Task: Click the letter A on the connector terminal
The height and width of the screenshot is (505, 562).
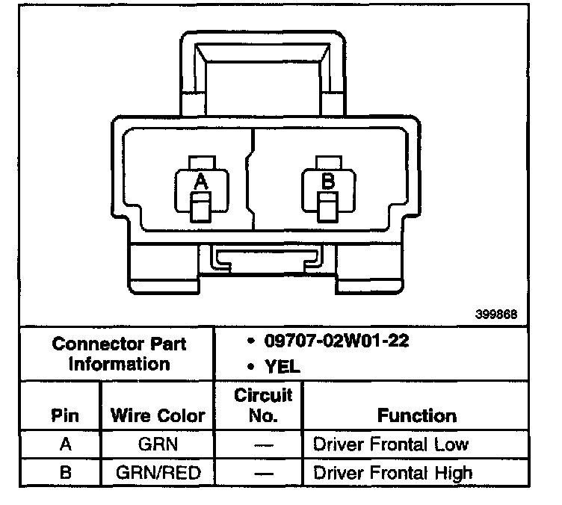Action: [x=200, y=181]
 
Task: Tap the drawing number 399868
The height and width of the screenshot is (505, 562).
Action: [x=495, y=315]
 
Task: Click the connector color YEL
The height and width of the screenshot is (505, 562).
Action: [x=279, y=367]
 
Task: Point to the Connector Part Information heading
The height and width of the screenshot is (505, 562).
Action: [x=119, y=354]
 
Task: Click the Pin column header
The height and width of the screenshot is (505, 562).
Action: [x=64, y=415]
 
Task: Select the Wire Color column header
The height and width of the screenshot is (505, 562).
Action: [x=158, y=415]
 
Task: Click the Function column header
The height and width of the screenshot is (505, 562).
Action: [x=416, y=415]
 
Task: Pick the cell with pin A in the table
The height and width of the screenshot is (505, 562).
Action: [x=65, y=444]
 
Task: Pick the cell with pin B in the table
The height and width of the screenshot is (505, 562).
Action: [x=65, y=472]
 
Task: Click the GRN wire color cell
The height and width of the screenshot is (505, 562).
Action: [x=157, y=444]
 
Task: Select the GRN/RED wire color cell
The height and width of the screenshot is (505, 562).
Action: [x=157, y=472]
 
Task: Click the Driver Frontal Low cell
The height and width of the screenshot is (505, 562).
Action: [x=391, y=444]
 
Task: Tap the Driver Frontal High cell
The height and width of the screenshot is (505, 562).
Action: [x=392, y=472]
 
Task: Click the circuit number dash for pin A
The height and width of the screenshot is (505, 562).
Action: [x=263, y=444]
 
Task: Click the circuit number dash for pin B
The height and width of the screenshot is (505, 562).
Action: [x=263, y=472]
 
